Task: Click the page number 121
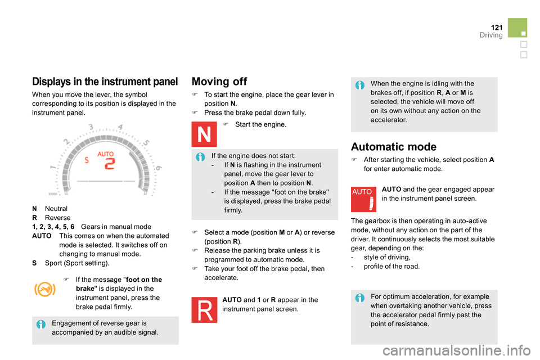pyautogui.click(x=497, y=28)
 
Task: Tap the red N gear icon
pyautogui.click(x=204, y=134)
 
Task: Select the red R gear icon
pyautogui.click(x=204, y=310)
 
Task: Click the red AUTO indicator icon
pyautogui.click(x=363, y=199)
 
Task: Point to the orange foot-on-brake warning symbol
pyautogui.click(x=45, y=289)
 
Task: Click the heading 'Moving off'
pyautogui.click(x=219, y=82)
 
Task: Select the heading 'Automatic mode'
pyautogui.click(x=394, y=147)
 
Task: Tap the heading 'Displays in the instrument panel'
pyautogui.click(x=105, y=82)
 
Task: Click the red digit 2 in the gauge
pyautogui.click(x=110, y=164)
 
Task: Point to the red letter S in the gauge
pyautogui.click(x=87, y=160)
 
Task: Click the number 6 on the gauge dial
pyautogui.click(x=159, y=168)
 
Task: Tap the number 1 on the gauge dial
pyautogui.click(x=53, y=168)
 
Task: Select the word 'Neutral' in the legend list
pyautogui.click(x=56, y=209)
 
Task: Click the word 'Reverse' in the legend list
pyautogui.click(x=57, y=218)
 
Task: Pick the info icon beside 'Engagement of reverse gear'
pyautogui.click(x=41, y=324)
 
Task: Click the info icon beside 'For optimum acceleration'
pyautogui.click(x=360, y=298)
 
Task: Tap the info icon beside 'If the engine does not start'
pyautogui.click(x=200, y=157)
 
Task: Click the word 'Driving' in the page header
pyautogui.click(x=491, y=35)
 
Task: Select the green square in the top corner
pyautogui.click(x=517, y=28)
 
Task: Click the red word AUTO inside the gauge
pyautogui.click(x=105, y=154)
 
